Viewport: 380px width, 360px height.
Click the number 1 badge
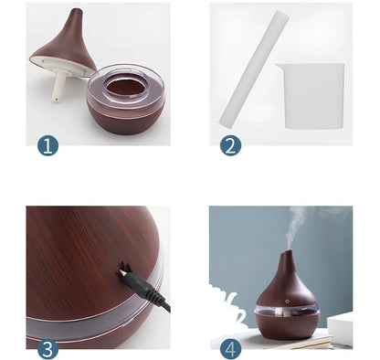47,144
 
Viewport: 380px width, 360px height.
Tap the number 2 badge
230,144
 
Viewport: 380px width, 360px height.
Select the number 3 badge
47,348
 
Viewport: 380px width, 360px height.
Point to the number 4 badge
230,348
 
